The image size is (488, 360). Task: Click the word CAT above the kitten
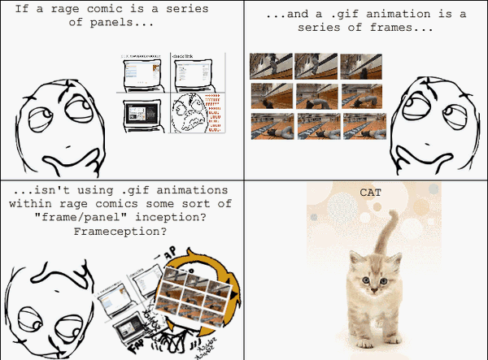click(x=370, y=193)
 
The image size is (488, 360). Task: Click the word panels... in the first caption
click(x=129, y=22)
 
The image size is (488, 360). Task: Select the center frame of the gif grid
click(x=316, y=96)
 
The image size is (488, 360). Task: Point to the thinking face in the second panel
click(x=429, y=115)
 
